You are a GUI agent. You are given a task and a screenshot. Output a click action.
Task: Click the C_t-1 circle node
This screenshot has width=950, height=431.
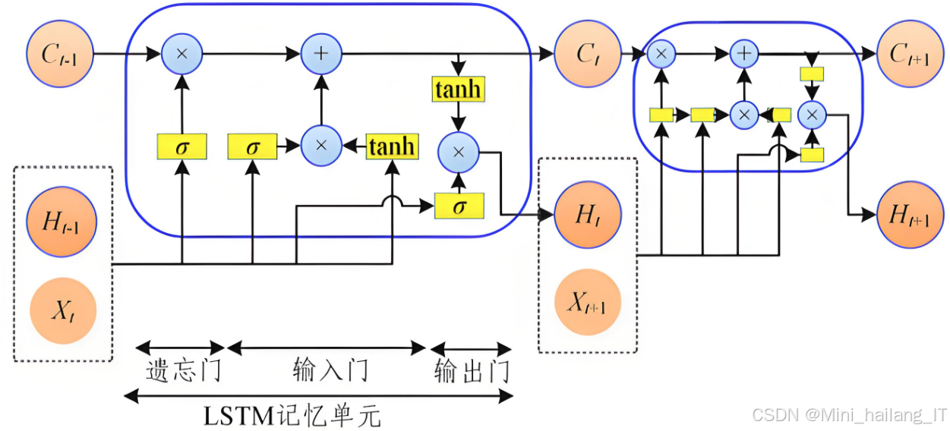[60, 54]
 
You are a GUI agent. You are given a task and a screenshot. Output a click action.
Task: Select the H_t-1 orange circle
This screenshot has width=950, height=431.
[62, 222]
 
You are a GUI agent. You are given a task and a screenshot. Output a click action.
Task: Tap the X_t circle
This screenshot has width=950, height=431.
[62, 311]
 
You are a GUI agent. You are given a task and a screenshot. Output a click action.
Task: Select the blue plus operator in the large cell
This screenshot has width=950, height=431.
[321, 54]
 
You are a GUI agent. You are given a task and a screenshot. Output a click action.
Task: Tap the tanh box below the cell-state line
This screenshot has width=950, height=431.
[458, 90]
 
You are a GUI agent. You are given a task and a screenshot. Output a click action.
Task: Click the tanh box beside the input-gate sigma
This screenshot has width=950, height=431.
[392, 146]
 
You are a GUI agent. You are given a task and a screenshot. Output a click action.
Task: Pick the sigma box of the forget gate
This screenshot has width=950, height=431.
[181, 146]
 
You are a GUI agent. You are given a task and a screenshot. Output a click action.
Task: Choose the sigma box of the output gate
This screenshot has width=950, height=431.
[459, 206]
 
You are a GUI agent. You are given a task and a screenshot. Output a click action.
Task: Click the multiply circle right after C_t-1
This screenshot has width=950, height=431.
[181, 54]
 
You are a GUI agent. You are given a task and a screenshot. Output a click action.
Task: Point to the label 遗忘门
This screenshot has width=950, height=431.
[183, 371]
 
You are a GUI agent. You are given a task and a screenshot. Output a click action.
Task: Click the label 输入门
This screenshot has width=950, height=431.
[330, 371]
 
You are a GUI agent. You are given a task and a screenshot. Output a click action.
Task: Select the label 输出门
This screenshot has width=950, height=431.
[472, 373]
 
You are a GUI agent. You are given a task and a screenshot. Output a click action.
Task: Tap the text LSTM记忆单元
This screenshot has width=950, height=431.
[292, 416]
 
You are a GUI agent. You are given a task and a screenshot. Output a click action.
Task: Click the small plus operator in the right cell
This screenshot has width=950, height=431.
[744, 53]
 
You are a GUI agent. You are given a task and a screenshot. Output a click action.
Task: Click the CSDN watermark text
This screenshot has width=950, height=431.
[848, 415]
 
